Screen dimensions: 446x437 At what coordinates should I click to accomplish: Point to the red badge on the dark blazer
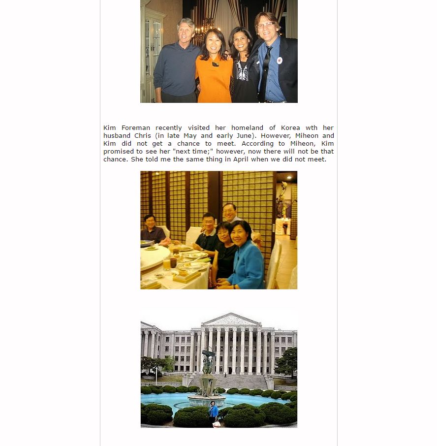pyautogui.click(x=280, y=61)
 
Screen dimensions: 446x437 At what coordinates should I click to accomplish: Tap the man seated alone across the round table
pyautogui.click(x=150, y=230)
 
